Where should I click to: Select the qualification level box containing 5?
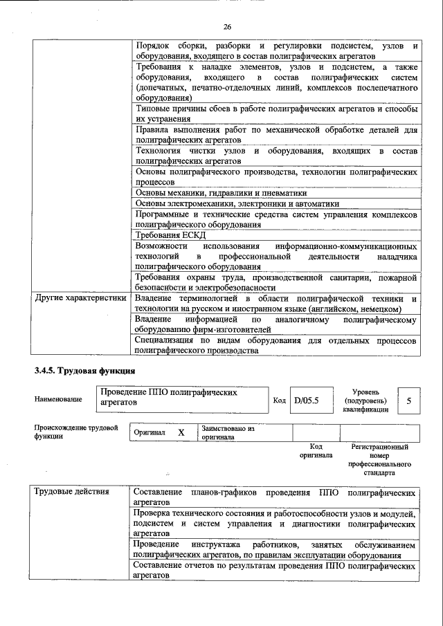[x=408, y=400]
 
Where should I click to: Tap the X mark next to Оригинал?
[x=181, y=432]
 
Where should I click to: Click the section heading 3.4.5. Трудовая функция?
[x=84, y=371]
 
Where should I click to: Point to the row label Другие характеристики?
[x=80, y=298]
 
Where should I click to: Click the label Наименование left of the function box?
[x=58, y=399]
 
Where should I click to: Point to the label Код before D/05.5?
[x=279, y=401]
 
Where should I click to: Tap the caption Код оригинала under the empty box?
[x=316, y=451]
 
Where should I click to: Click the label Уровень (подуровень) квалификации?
[x=365, y=400]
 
